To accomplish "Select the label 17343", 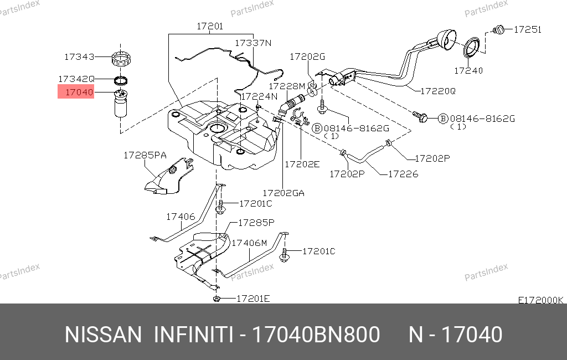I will (79, 56).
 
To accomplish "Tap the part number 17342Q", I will (77, 79).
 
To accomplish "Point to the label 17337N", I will (252, 43).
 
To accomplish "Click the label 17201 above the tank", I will (210, 26).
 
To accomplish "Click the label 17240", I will (468, 70).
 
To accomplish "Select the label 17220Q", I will (437, 90).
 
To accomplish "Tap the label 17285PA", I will (145, 156).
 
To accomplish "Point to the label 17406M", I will (249, 243).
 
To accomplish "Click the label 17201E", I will (253, 299).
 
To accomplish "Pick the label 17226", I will (403, 174).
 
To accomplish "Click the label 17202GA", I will (283, 193).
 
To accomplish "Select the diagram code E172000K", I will (540, 300).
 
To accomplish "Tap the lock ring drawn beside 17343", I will (122, 57).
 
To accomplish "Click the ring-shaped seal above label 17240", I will (472, 47).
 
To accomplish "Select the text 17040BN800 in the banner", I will (316, 335).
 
